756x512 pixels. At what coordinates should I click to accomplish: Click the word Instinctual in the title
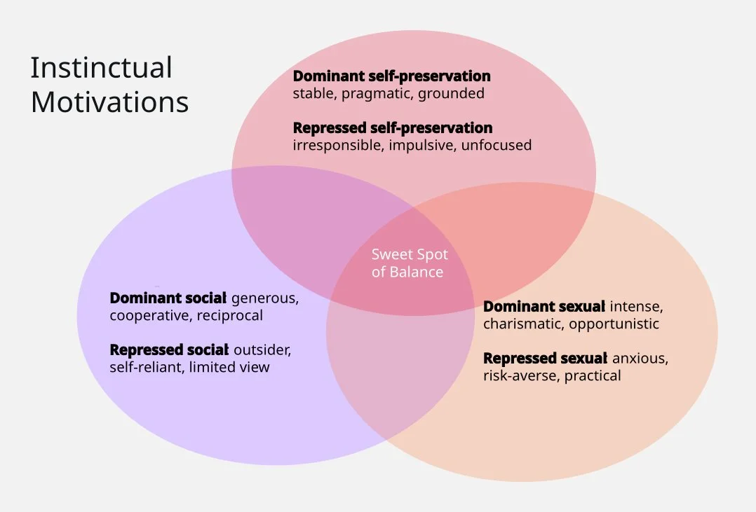[x=101, y=68]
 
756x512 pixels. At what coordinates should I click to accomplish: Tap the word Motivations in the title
[x=109, y=102]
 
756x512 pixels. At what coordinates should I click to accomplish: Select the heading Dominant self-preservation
[x=391, y=76]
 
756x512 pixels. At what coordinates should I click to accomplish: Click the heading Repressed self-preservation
[x=392, y=128]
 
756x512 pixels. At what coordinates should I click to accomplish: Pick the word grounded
[x=451, y=93]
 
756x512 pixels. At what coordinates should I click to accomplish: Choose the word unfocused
[x=497, y=146]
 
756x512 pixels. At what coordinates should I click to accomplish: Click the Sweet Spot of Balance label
[x=409, y=263]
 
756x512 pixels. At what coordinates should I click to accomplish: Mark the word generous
[x=264, y=298]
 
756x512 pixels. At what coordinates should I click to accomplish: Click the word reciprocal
[x=230, y=315]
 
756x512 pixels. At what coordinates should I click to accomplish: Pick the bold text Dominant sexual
[x=544, y=307]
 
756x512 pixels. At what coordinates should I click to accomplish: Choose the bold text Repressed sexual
[x=545, y=359]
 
